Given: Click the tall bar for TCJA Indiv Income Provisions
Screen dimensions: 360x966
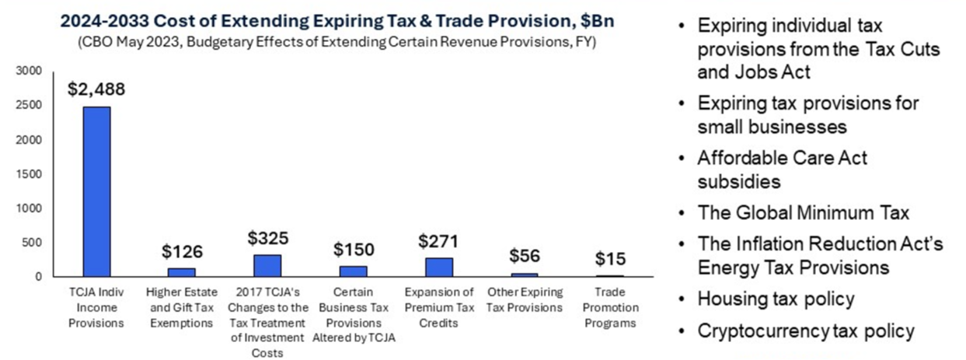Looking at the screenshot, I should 96,191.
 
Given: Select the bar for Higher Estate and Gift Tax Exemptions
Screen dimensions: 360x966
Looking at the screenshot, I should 182,272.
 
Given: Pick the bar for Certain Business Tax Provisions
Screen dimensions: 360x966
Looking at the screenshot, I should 353,271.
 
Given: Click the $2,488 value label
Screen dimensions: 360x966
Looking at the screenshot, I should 96,89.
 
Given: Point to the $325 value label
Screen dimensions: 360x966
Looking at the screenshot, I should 267,238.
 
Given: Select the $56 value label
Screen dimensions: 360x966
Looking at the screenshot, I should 525,256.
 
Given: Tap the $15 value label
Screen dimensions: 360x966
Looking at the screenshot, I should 610,259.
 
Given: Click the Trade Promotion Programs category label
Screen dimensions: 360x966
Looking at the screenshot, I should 610,307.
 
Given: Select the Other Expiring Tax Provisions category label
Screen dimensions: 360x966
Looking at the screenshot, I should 525,299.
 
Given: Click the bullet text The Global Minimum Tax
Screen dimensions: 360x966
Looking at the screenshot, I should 803,211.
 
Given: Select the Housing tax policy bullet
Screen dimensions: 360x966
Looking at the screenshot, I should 776,299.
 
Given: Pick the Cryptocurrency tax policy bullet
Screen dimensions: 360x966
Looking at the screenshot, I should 806,330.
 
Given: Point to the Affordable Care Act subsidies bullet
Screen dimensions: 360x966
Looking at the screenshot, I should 782,170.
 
